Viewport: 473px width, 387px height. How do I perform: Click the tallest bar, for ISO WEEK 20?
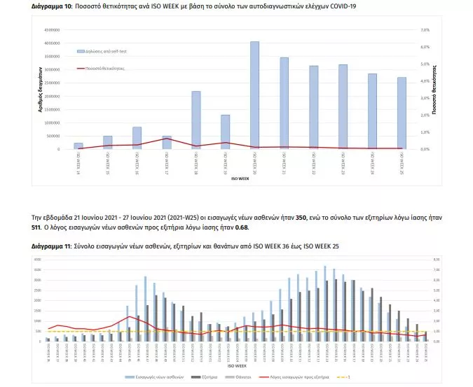[x=254, y=95]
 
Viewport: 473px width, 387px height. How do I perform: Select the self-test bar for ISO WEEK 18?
[x=196, y=120]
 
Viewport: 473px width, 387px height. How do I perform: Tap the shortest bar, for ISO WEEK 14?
[x=78, y=146]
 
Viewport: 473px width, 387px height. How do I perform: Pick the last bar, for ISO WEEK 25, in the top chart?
[x=402, y=113]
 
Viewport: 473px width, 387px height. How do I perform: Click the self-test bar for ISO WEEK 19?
[x=226, y=132]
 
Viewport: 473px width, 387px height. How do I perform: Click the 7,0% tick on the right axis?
[x=424, y=30]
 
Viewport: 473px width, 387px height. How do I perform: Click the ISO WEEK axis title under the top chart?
[x=240, y=179]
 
